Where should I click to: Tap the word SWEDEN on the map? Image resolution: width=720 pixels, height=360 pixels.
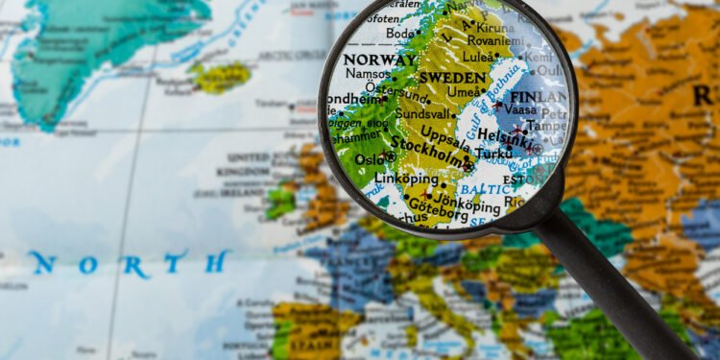(453, 78)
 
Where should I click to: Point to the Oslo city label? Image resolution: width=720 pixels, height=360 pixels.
(370, 158)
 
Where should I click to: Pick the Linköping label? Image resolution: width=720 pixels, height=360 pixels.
(406, 179)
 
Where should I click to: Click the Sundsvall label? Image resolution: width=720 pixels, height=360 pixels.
(422, 112)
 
